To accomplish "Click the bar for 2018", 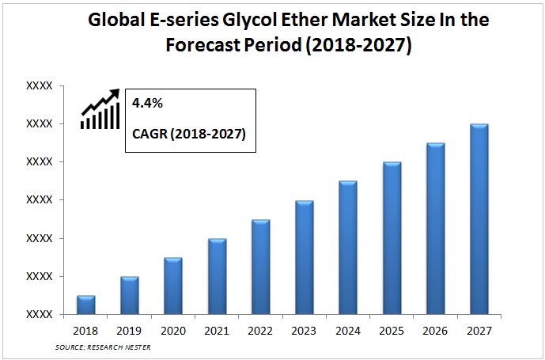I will (x=86, y=305).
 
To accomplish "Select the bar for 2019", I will (x=130, y=295).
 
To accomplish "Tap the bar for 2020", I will (x=173, y=286).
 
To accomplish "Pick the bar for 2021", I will (x=218, y=276).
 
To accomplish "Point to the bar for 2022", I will (x=261, y=267).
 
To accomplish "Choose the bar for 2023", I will (x=305, y=257).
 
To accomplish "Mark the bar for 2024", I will (x=348, y=248).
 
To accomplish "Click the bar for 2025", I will (x=392, y=238).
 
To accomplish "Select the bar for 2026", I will (x=436, y=229).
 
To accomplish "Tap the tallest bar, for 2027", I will (x=479, y=219).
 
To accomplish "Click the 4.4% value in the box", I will (x=147, y=103).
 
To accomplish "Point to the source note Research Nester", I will (x=103, y=347).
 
